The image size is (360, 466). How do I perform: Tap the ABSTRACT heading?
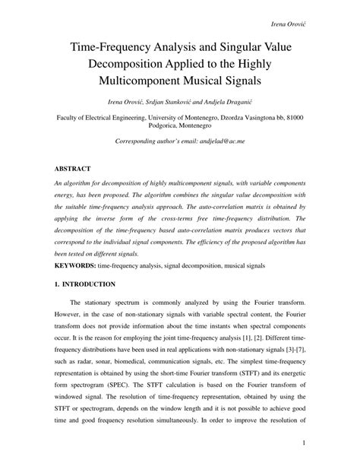click(72, 168)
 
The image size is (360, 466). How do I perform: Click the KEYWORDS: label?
click(77, 268)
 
